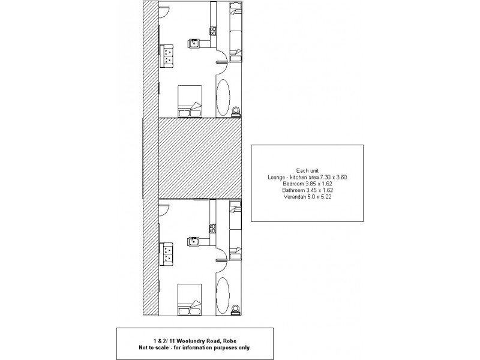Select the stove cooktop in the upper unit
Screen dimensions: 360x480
[212, 28]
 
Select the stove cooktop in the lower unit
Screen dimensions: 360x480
[212, 227]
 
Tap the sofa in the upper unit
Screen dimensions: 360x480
[167, 56]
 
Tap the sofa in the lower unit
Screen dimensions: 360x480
[167, 254]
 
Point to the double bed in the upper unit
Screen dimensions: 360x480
[190, 100]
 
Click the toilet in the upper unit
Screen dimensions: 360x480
[236, 111]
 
